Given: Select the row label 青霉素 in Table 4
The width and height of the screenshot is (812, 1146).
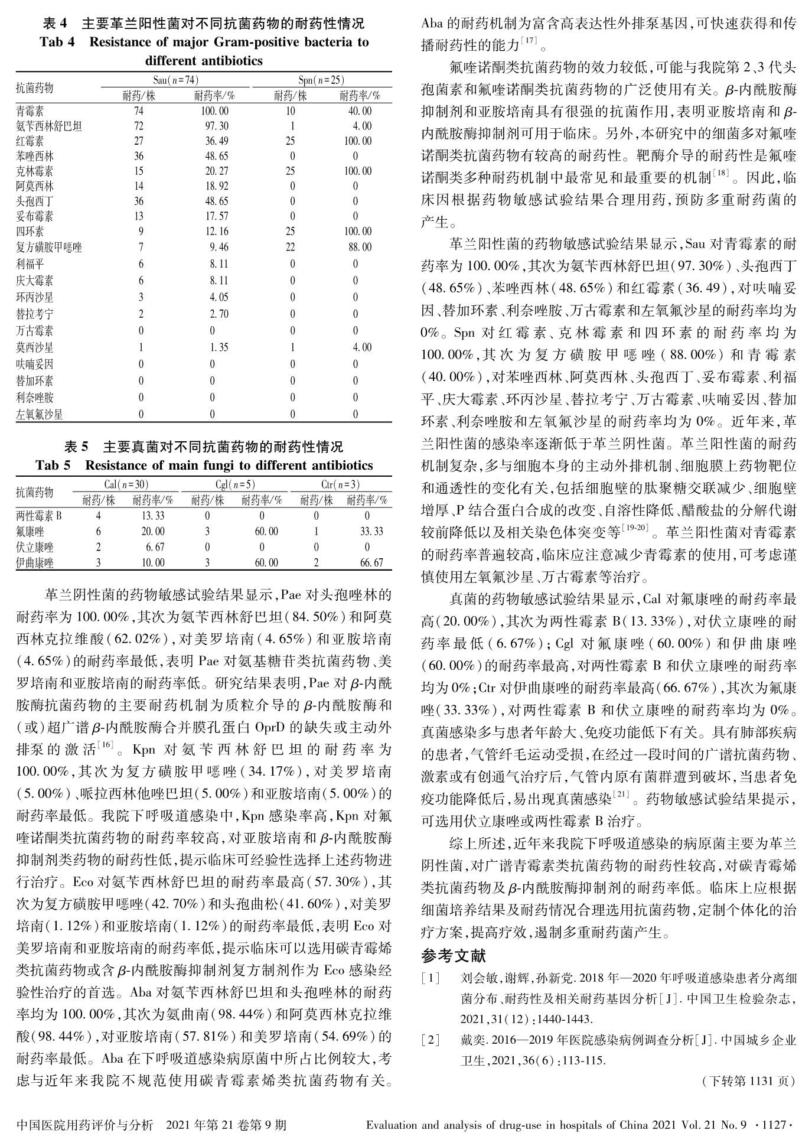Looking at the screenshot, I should click(30, 111).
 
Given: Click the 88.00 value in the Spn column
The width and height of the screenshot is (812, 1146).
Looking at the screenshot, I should click(360, 248).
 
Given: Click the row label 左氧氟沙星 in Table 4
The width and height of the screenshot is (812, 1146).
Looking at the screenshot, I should click(40, 415).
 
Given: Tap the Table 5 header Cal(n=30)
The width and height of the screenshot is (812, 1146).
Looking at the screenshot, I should click(126, 485).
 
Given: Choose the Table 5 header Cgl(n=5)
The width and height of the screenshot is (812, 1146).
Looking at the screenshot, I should click(235, 485).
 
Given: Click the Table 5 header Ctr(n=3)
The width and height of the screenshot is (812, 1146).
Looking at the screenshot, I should click(340, 485).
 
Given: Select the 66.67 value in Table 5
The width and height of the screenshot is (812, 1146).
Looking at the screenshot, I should click(372, 563).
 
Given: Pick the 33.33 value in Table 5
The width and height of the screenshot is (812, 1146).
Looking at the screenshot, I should click(372, 532).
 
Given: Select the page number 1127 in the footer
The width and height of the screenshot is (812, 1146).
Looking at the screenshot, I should click(773, 1125).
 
